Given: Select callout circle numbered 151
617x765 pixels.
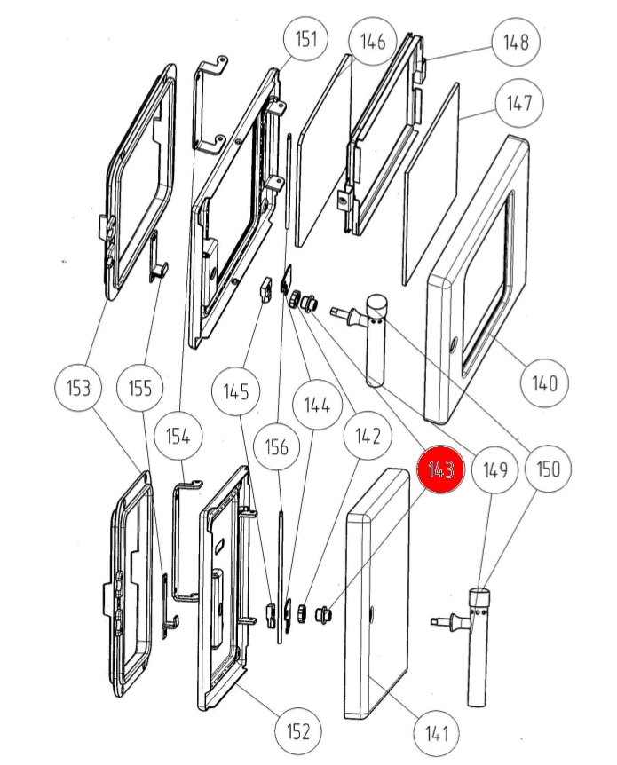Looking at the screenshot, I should (305, 39).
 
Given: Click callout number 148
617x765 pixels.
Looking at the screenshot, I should (516, 41).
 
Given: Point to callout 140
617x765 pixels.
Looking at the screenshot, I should (543, 383).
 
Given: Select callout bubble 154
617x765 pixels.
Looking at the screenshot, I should (178, 437).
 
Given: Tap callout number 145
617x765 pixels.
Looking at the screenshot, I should (235, 390).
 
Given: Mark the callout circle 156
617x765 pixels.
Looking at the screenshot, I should (278, 446).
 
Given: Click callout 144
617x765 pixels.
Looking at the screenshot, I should (318, 405).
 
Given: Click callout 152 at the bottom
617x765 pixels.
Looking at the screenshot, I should (298, 731).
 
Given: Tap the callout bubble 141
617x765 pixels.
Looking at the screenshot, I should (436, 733).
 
